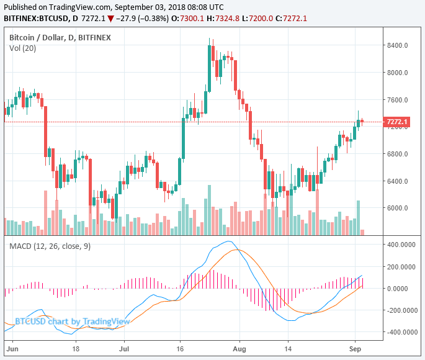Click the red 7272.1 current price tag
(x=396, y=122)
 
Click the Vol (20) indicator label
(x=22, y=48)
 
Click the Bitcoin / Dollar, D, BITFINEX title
(x=60, y=38)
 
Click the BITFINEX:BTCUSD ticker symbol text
(x=36, y=18)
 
